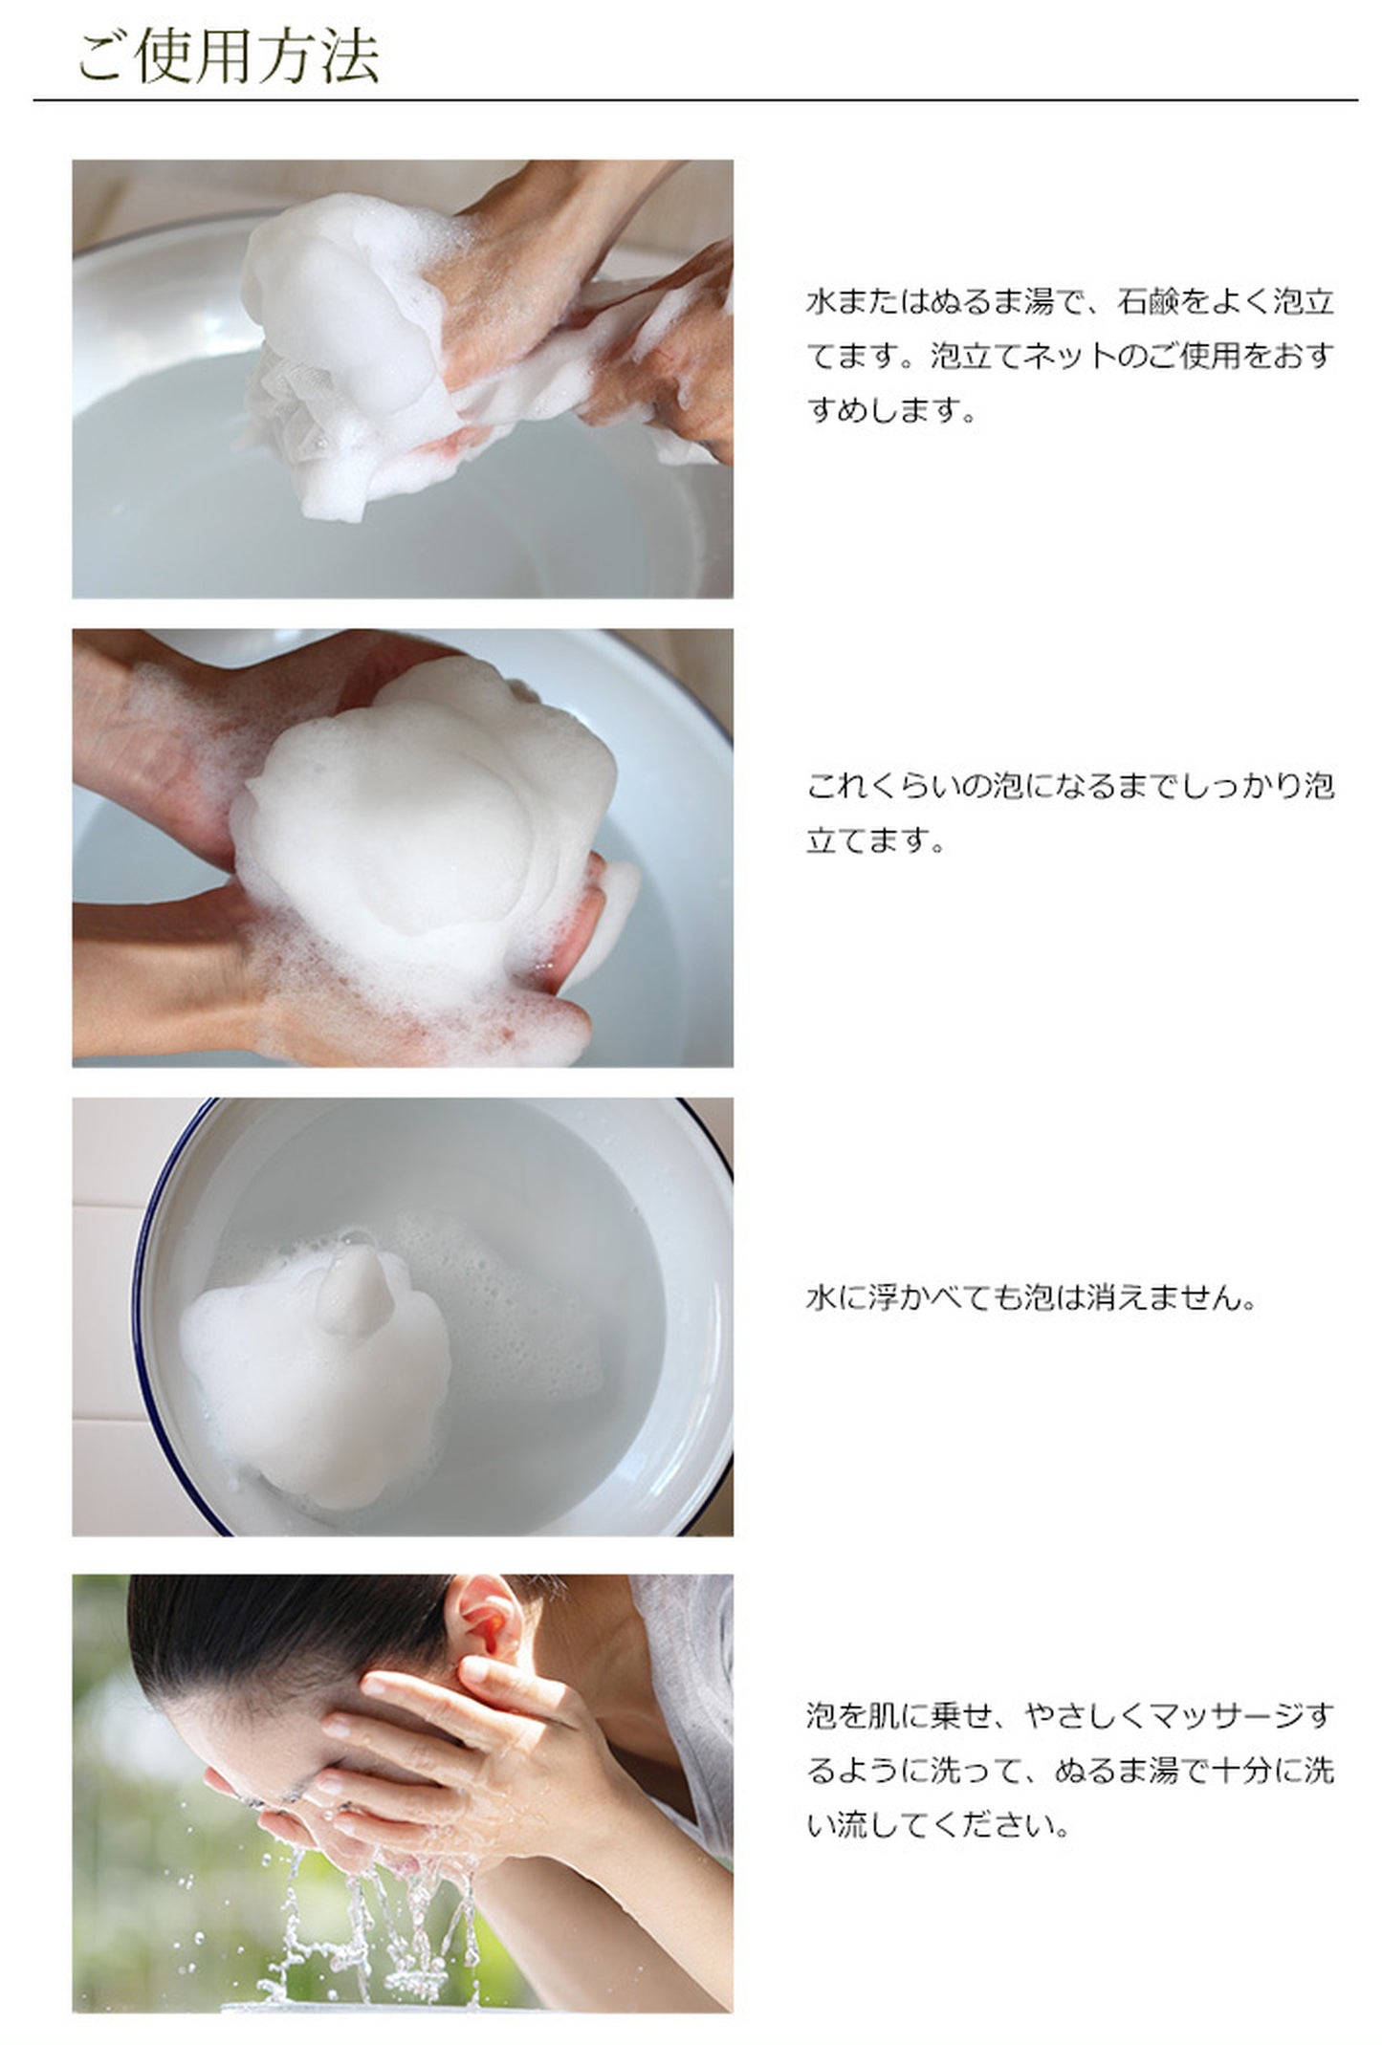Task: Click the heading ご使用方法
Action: pos(228,56)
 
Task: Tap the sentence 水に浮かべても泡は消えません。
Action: pos(1031,1298)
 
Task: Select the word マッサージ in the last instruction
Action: pos(1226,1716)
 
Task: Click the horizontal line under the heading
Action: pos(695,99)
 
